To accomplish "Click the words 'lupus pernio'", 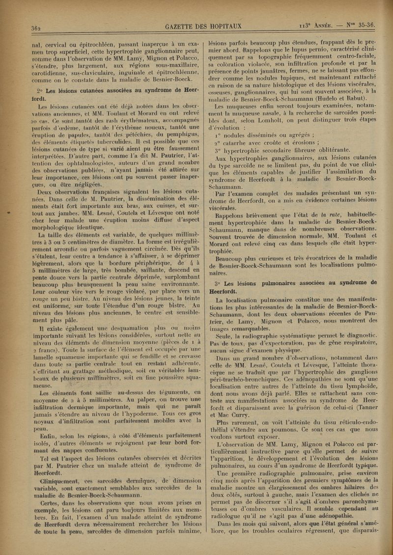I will click(307, 53).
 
